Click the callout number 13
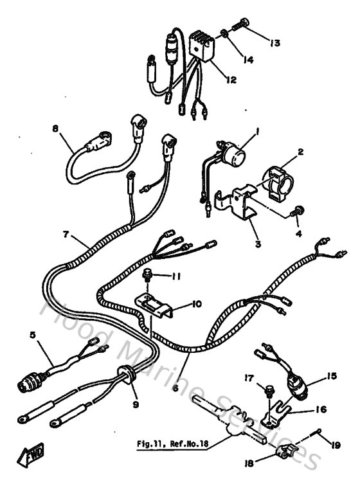point(274,43)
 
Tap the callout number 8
point(55,129)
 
